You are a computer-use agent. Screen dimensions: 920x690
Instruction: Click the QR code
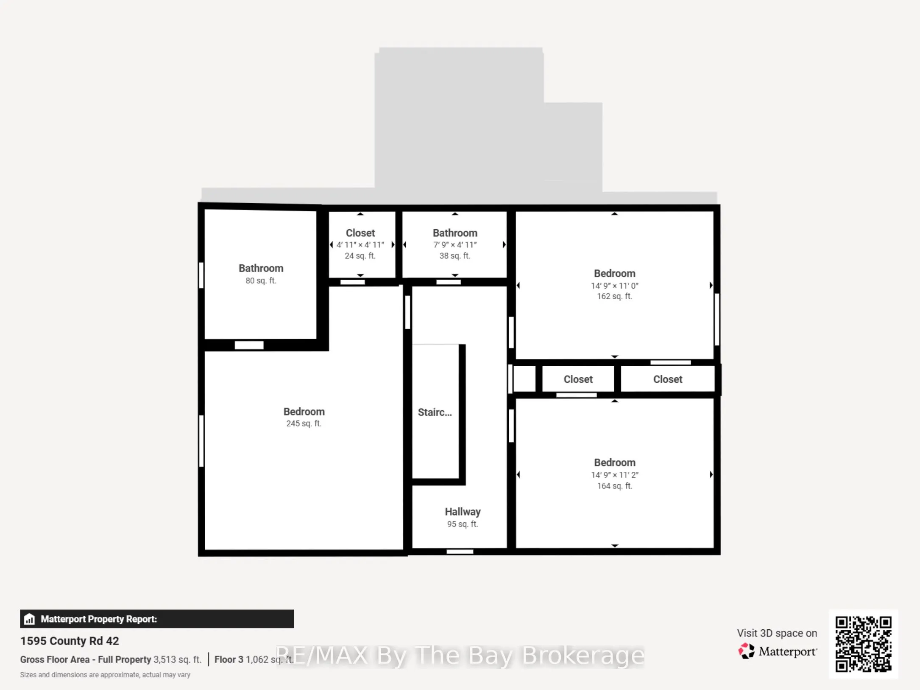(863, 644)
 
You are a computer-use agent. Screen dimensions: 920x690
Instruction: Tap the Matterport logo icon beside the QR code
(747, 651)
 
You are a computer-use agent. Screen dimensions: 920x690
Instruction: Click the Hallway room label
(463, 512)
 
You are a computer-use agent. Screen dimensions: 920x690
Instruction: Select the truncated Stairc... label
(435, 412)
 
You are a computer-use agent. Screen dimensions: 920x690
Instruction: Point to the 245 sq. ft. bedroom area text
(304, 424)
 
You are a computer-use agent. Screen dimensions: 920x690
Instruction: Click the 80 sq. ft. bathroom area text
(261, 280)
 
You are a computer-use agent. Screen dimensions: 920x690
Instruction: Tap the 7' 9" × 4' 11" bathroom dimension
(455, 245)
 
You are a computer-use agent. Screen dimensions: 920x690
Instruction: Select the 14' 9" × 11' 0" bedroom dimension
(615, 286)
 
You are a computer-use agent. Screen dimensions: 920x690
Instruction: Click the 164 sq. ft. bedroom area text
(615, 486)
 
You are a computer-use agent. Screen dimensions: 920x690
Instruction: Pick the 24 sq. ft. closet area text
(360, 256)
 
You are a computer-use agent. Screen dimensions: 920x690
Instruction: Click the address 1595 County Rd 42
(70, 641)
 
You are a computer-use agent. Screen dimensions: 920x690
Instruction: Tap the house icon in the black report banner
(29, 619)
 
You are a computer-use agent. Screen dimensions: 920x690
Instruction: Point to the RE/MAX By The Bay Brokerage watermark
(460, 656)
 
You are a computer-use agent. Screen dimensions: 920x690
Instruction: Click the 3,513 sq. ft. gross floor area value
(177, 659)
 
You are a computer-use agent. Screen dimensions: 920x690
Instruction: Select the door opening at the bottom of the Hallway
(460, 552)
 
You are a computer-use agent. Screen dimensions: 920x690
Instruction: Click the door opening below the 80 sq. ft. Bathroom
(249, 345)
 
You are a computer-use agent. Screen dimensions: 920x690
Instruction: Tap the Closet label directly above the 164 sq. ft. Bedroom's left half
(578, 379)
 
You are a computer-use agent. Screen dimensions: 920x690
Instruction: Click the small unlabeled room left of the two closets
(524, 379)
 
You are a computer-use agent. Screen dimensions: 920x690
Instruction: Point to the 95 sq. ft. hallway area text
(463, 524)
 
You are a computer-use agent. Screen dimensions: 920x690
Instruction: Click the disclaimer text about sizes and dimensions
(105, 675)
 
